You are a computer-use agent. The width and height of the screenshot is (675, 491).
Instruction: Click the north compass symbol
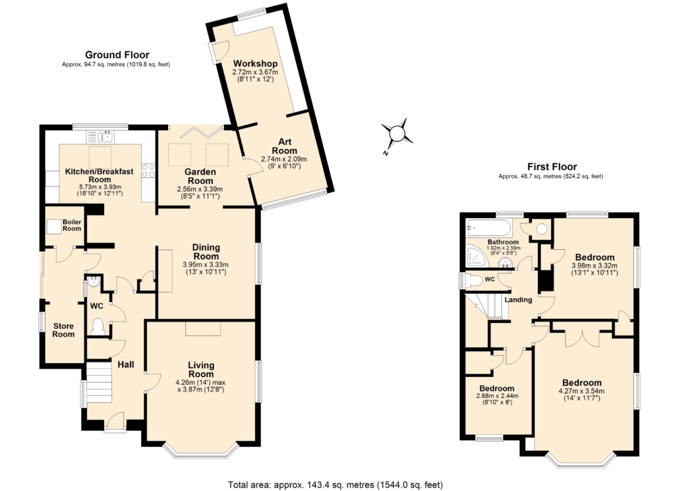coord(397,134)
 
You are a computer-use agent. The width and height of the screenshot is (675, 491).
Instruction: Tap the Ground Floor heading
coord(117,55)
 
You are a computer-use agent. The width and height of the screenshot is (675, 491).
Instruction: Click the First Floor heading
coord(551,167)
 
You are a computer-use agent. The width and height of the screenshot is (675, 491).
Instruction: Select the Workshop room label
coord(255,63)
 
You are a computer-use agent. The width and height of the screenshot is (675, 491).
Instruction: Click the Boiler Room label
coord(72,225)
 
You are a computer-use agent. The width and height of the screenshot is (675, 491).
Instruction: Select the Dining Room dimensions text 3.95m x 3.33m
coord(206,265)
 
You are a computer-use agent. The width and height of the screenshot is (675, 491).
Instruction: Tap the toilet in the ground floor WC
coord(98,326)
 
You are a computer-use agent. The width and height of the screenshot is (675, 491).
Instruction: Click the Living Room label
coord(201,369)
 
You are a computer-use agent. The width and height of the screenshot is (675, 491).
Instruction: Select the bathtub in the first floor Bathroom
coord(488,229)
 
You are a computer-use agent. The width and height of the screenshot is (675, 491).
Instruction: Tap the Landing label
coord(519,300)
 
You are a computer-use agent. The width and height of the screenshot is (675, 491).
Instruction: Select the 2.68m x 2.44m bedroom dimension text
coord(498,396)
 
